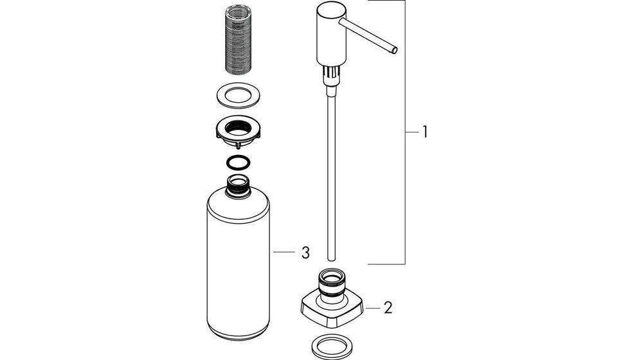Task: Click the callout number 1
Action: (x=425, y=132)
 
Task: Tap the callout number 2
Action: (x=388, y=307)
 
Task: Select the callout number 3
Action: (x=305, y=253)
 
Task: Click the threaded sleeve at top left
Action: (x=239, y=41)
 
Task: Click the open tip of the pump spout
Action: (x=395, y=50)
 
